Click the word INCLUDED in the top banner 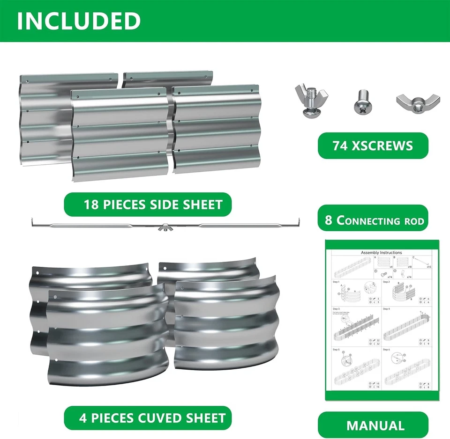tap(79, 21)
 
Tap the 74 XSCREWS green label tap(373, 146)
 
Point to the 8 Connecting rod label tap(375, 220)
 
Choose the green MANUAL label tap(375, 425)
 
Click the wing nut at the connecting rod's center tap(165, 228)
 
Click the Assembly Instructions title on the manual tap(382, 253)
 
